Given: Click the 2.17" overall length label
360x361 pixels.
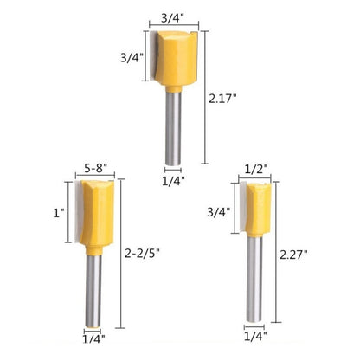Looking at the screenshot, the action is [x=222, y=99].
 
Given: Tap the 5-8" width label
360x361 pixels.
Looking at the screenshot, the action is [x=96, y=168].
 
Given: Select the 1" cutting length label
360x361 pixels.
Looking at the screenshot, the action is [x=59, y=213].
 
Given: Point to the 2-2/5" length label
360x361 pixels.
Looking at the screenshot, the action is [x=142, y=253].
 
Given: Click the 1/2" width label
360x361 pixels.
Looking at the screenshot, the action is [x=256, y=168].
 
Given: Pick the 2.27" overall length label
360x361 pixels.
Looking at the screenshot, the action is [x=293, y=255].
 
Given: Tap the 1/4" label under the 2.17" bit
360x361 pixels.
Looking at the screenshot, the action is [x=173, y=181].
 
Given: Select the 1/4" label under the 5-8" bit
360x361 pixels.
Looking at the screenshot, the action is [x=93, y=338].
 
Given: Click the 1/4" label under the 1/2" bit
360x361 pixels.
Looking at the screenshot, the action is [x=255, y=336].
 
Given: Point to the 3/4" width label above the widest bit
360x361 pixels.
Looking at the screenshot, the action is [x=172, y=18].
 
